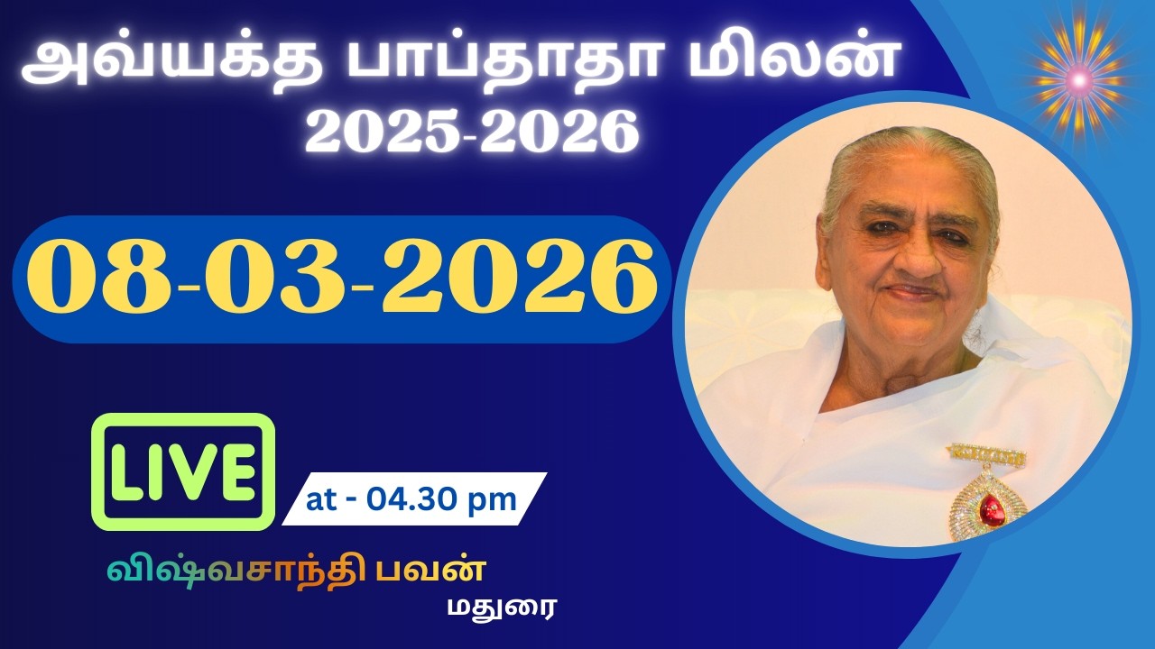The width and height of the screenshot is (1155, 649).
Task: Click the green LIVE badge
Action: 183,471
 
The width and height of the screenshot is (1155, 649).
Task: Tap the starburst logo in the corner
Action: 1078,81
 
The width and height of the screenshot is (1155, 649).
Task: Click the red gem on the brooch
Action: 992,511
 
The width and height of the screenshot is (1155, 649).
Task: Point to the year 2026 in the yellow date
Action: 519,279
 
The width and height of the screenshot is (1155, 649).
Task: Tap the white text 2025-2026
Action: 472,133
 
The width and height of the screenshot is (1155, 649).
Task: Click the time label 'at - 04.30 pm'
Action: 411,499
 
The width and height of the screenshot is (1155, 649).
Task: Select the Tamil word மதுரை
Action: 502,607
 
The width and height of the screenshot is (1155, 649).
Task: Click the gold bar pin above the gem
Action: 986,456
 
